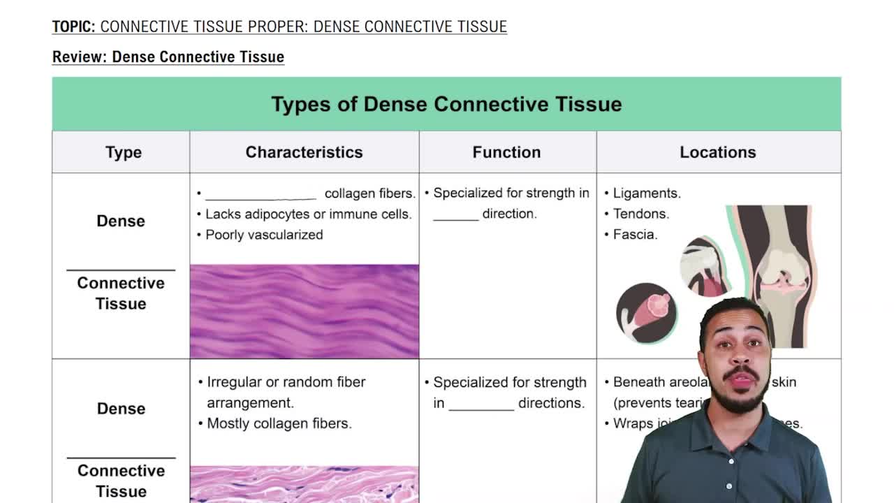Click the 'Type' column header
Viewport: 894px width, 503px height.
(x=123, y=152)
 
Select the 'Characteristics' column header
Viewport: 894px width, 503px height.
(x=304, y=152)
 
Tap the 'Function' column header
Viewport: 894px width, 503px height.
(x=506, y=152)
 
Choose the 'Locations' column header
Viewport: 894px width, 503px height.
(x=717, y=152)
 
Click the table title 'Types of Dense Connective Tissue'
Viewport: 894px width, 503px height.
(x=446, y=104)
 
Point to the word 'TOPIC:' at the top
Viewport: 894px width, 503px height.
(x=73, y=27)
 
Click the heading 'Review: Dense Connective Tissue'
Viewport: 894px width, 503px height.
(x=168, y=57)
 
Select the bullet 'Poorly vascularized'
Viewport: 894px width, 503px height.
(x=263, y=235)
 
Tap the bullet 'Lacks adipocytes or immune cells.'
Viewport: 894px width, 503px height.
(x=308, y=214)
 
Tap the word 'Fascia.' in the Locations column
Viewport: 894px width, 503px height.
(x=635, y=235)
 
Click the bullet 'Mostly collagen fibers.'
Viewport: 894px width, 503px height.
(x=279, y=423)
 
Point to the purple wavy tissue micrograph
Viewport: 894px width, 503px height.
(x=304, y=311)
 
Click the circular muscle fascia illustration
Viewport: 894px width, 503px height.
(x=646, y=312)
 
